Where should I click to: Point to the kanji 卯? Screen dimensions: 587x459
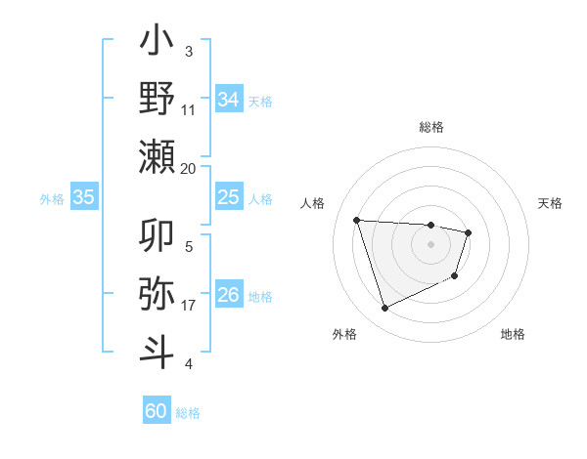tap(158, 237)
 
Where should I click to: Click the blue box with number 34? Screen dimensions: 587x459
tap(228, 99)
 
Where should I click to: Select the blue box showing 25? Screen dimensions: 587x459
tap(228, 197)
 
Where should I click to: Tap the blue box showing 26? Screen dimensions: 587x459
tap(228, 295)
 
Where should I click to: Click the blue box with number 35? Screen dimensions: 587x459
tap(83, 197)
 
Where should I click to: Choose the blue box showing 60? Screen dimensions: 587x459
tap(157, 411)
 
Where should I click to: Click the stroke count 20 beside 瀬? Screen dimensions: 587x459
tap(189, 168)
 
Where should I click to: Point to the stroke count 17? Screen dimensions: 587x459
tap(189, 306)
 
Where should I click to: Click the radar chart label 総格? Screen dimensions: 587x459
tap(430, 127)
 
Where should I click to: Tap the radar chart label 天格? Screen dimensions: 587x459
tap(551, 203)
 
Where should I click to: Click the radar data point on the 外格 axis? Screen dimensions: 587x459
tap(384, 309)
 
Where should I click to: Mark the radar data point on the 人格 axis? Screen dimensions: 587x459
tap(357, 220)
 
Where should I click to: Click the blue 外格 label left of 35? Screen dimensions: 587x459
tap(52, 198)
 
